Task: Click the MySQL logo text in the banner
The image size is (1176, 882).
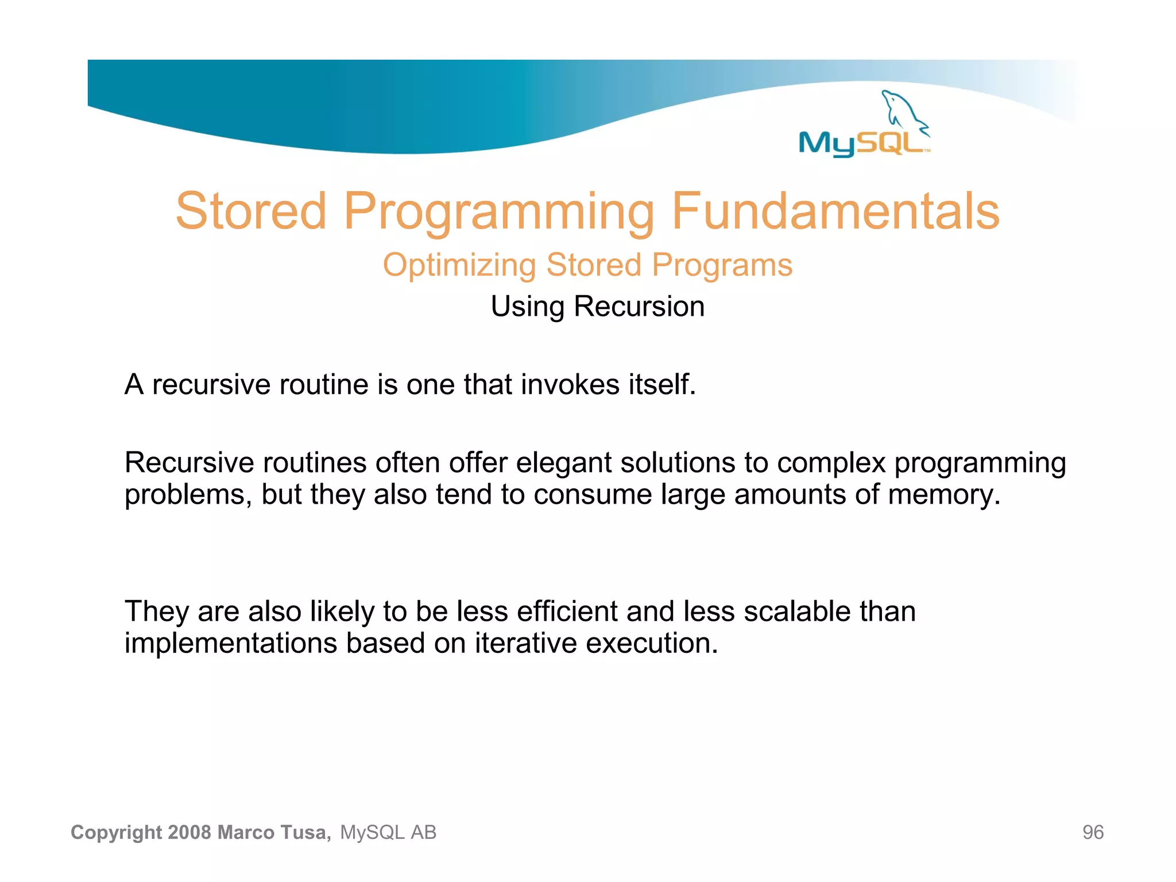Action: click(861, 142)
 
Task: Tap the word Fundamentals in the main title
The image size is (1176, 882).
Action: click(835, 211)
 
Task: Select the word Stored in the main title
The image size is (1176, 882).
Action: click(251, 211)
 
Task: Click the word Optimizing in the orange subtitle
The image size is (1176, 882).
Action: click(459, 265)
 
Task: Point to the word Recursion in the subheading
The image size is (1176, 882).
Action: click(639, 306)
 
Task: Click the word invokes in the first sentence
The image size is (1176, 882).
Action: click(570, 384)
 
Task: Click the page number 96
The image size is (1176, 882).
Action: click(1093, 832)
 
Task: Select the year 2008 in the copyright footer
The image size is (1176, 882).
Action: click(190, 832)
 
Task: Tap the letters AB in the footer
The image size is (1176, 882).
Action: click(423, 832)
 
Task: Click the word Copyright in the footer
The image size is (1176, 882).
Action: click(117, 832)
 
